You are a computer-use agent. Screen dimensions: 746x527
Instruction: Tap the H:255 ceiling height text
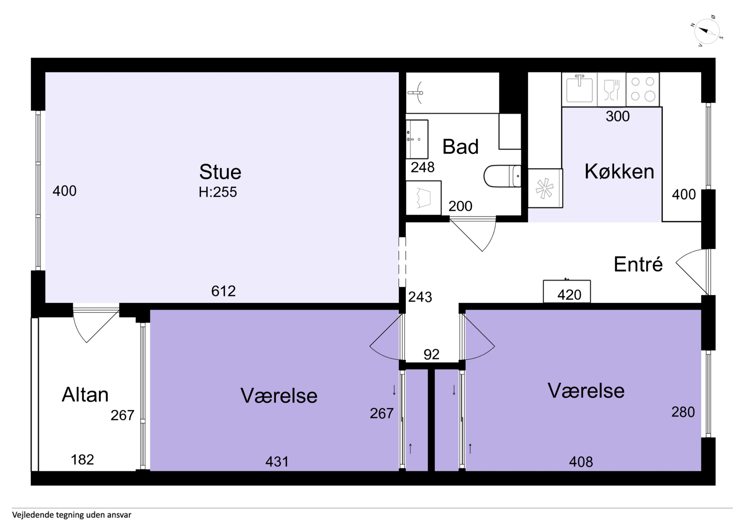(218, 192)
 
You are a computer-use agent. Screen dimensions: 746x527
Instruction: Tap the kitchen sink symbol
(579, 88)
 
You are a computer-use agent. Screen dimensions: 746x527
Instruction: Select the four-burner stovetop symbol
(642, 89)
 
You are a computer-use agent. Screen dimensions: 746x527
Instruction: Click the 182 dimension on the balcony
(83, 459)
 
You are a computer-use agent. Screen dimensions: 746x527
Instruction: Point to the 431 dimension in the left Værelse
(277, 461)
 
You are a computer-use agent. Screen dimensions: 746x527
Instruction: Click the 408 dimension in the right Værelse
(581, 461)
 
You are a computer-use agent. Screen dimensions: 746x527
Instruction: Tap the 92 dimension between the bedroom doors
(431, 354)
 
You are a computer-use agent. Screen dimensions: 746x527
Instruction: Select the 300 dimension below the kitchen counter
(618, 116)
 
